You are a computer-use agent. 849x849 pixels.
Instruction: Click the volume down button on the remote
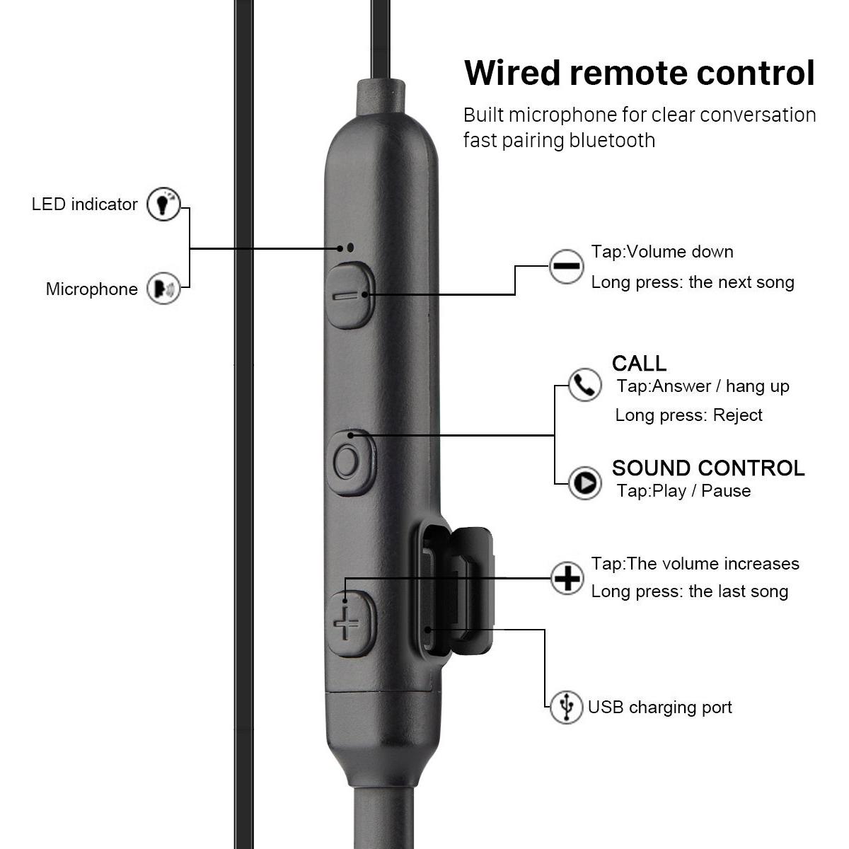point(350,295)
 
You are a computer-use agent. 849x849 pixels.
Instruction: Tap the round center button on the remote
point(351,463)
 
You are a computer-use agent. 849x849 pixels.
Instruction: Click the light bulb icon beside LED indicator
point(163,204)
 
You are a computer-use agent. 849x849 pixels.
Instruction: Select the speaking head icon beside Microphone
point(163,289)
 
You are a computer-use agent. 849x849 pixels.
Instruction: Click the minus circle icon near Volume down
point(566,266)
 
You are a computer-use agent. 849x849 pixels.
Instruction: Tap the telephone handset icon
point(584,385)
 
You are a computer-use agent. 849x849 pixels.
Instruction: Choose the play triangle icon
point(584,483)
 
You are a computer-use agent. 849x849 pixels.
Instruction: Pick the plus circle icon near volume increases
point(567,578)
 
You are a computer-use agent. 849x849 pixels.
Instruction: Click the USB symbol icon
point(567,707)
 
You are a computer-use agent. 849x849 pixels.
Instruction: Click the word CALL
point(639,364)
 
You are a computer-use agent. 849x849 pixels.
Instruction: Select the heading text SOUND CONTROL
point(708,468)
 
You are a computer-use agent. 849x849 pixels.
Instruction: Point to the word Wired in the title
point(512,73)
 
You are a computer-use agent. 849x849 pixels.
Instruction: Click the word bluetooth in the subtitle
point(612,141)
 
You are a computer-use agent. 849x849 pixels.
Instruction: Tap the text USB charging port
point(659,707)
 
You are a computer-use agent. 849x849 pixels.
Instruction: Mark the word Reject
point(737,415)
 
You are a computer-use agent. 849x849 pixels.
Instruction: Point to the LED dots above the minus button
point(346,248)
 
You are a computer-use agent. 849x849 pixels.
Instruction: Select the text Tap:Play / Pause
point(683,490)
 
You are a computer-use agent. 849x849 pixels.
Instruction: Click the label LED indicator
point(85,204)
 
